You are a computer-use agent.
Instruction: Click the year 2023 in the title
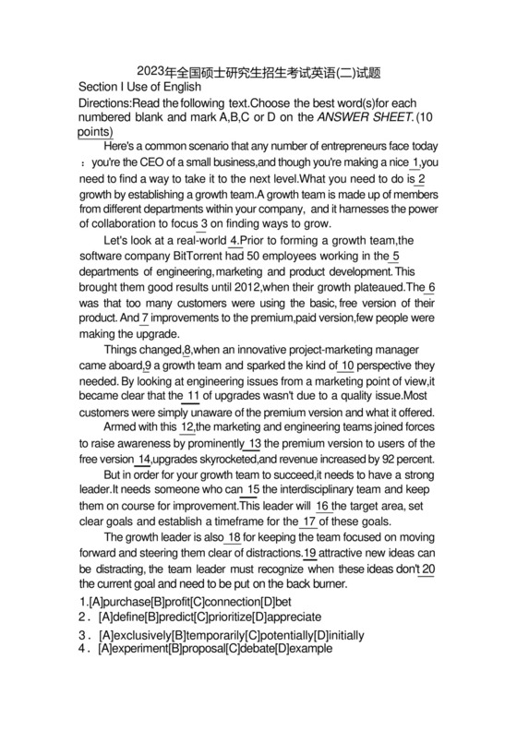click(x=150, y=71)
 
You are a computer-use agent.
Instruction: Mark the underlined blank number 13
click(x=256, y=444)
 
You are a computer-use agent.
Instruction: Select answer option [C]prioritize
click(x=222, y=617)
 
